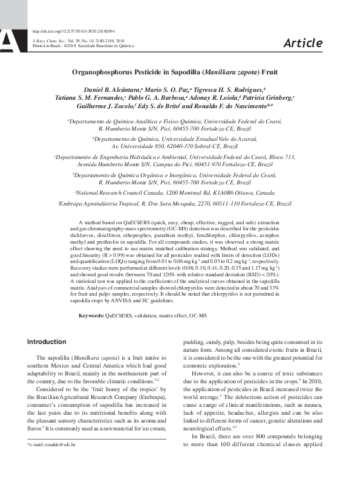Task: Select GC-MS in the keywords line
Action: [x=198, y=316]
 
